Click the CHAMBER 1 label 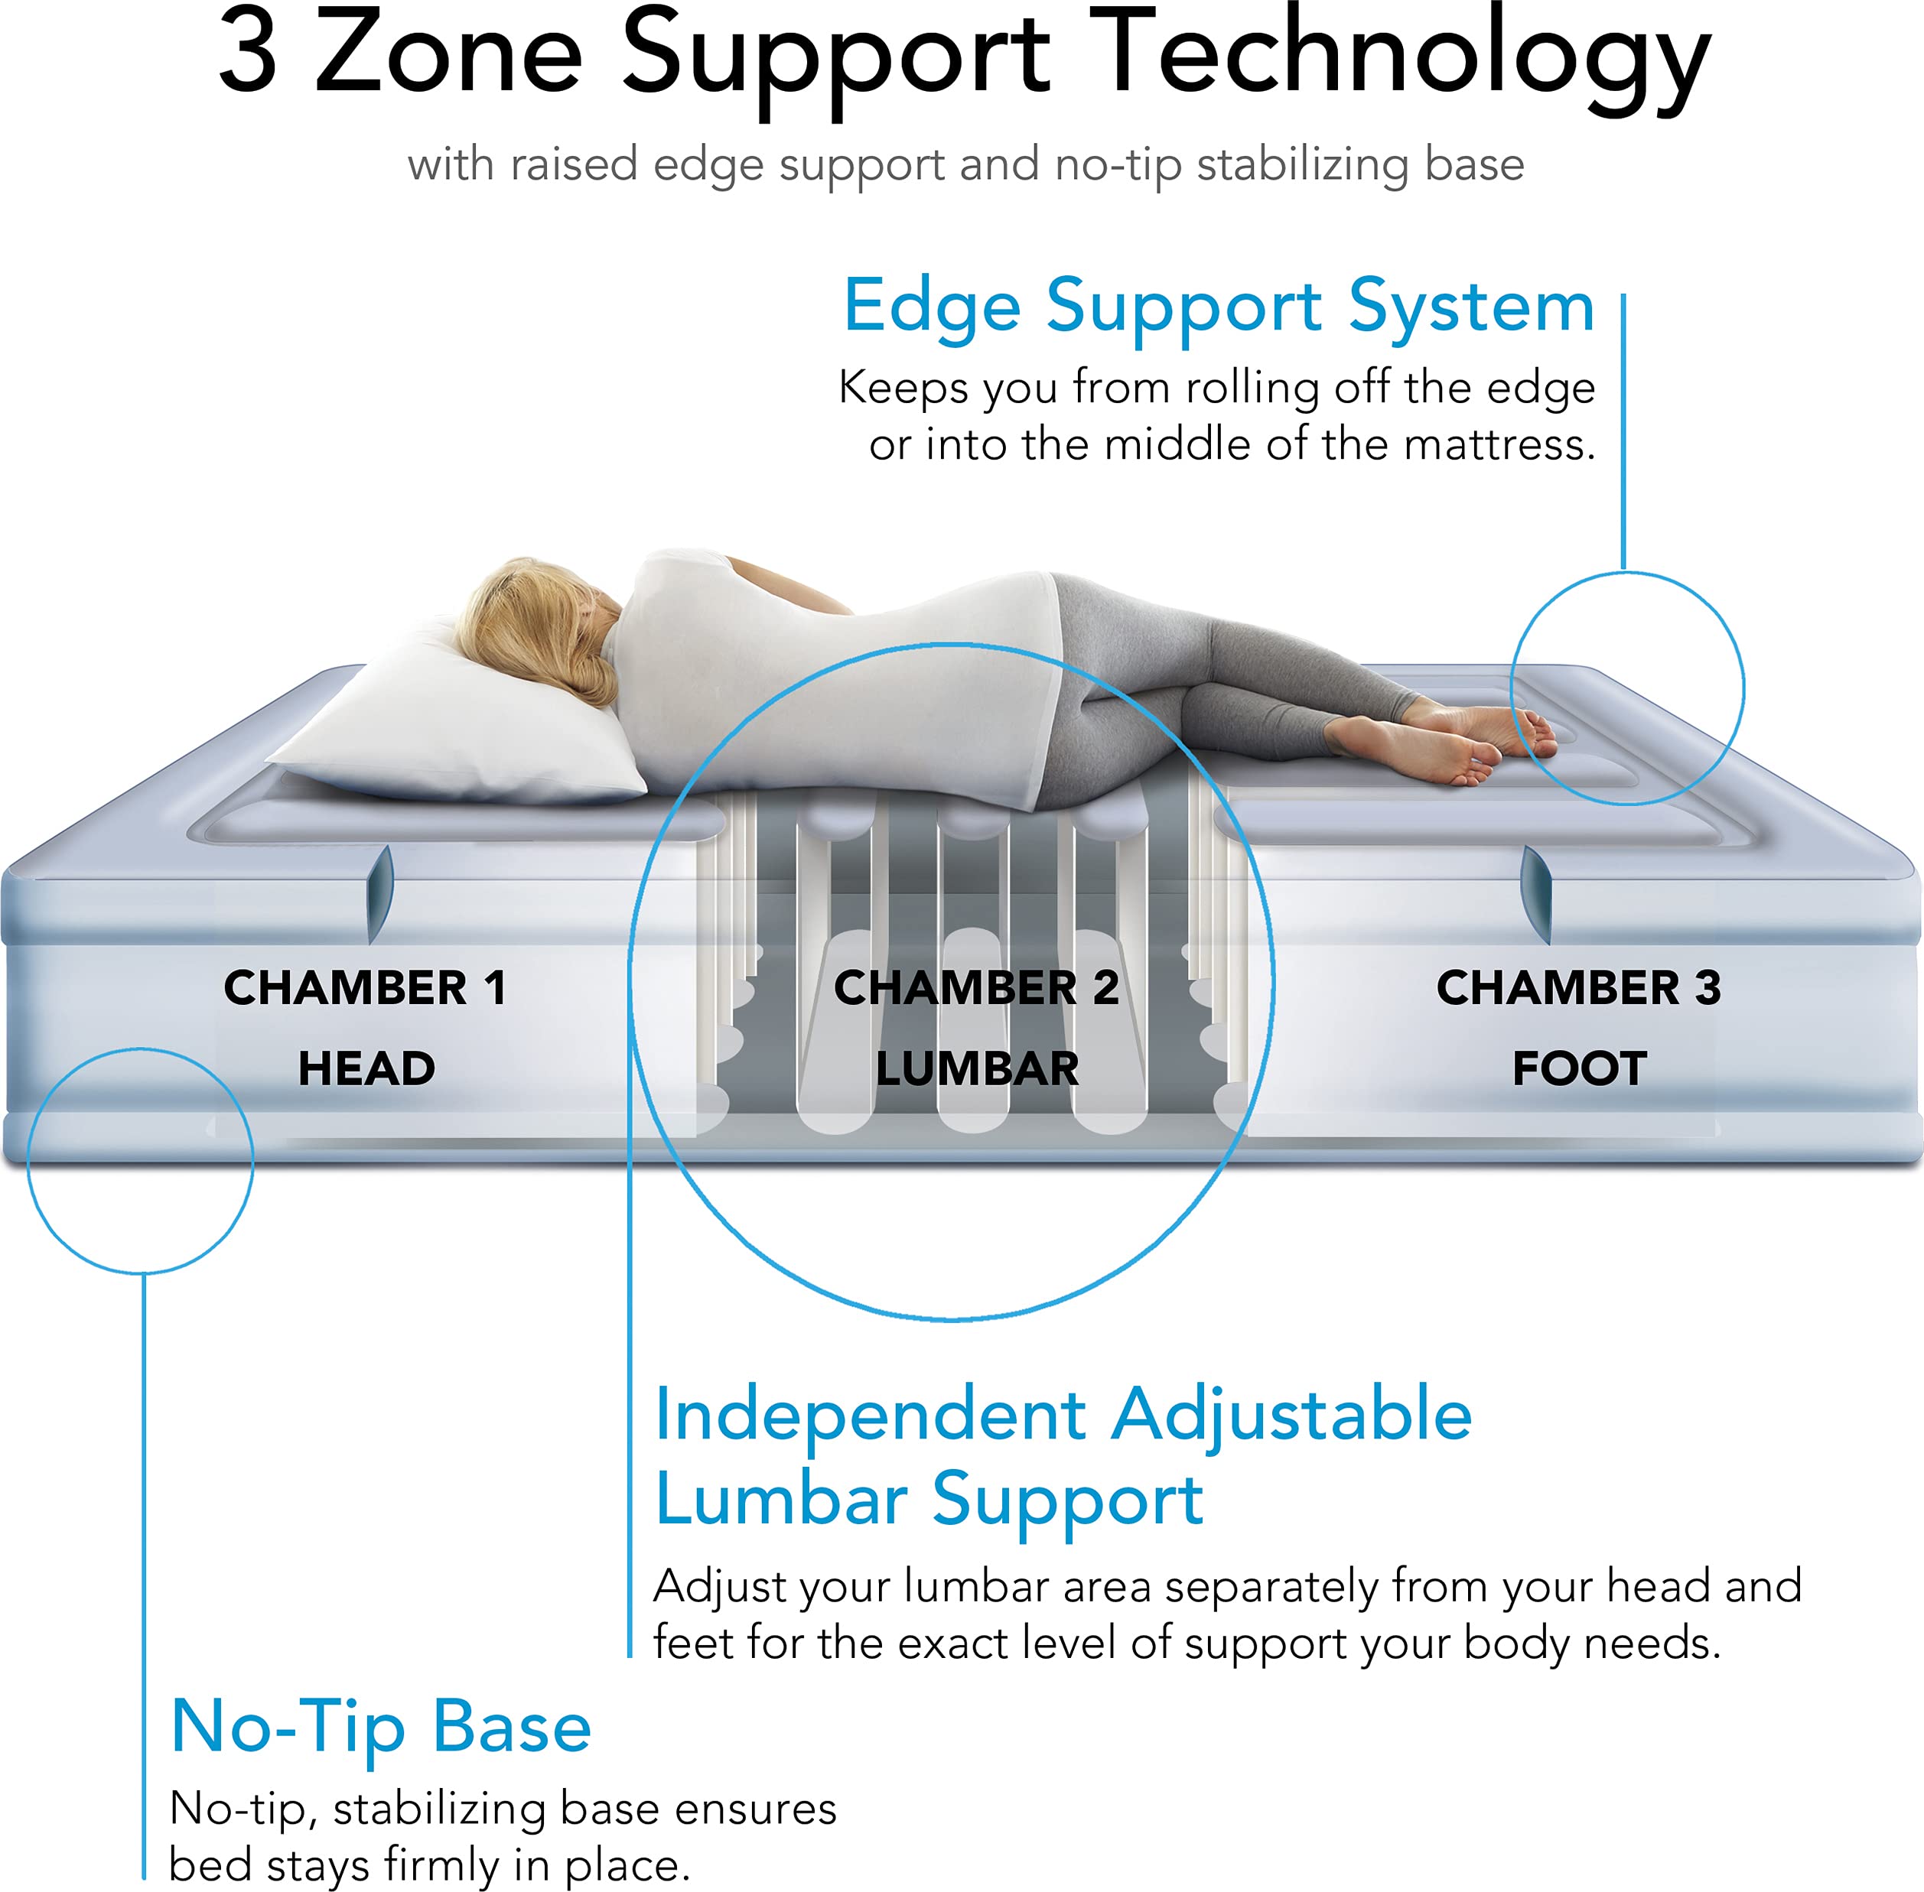[x=365, y=988]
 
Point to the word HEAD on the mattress [x=366, y=1069]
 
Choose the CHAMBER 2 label [x=976, y=988]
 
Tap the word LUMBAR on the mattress [x=977, y=1069]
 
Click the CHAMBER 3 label [x=1578, y=988]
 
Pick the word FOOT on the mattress [x=1579, y=1069]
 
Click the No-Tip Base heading [x=381, y=1726]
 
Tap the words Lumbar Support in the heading [x=929, y=1500]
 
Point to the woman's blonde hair [x=527, y=626]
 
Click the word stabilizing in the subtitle [x=1302, y=165]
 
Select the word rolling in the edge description [x=1253, y=388]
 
